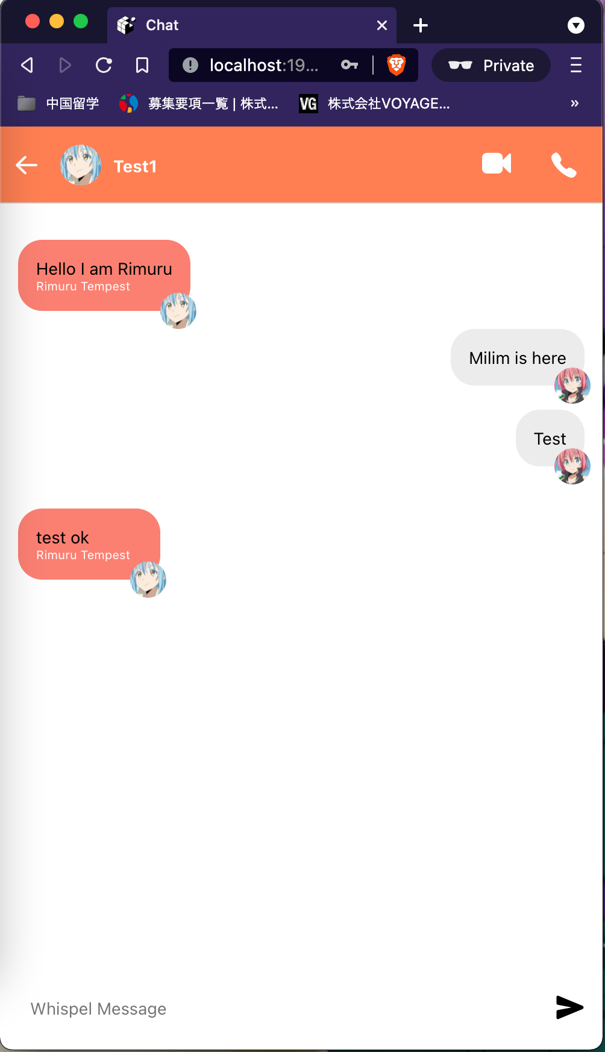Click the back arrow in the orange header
tap(27, 165)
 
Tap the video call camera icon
tap(497, 163)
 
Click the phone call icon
tap(563, 165)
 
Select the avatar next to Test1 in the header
tap(81, 165)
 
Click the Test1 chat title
tap(135, 167)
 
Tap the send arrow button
tap(569, 1007)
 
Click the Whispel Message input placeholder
tap(99, 1009)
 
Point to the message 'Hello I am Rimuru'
tap(104, 269)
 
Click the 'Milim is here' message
tap(517, 358)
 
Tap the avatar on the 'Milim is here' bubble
tap(572, 386)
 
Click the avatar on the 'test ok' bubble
tap(148, 580)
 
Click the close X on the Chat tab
tap(382, 25)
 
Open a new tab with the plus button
tap(421, 25)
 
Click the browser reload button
tap(104, 65)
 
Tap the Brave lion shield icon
tap(396, 65)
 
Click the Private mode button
tap(491, 65)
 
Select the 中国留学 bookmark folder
tap(59, 104)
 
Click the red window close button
tap(33, 22)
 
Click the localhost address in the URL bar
tap(263, 65)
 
